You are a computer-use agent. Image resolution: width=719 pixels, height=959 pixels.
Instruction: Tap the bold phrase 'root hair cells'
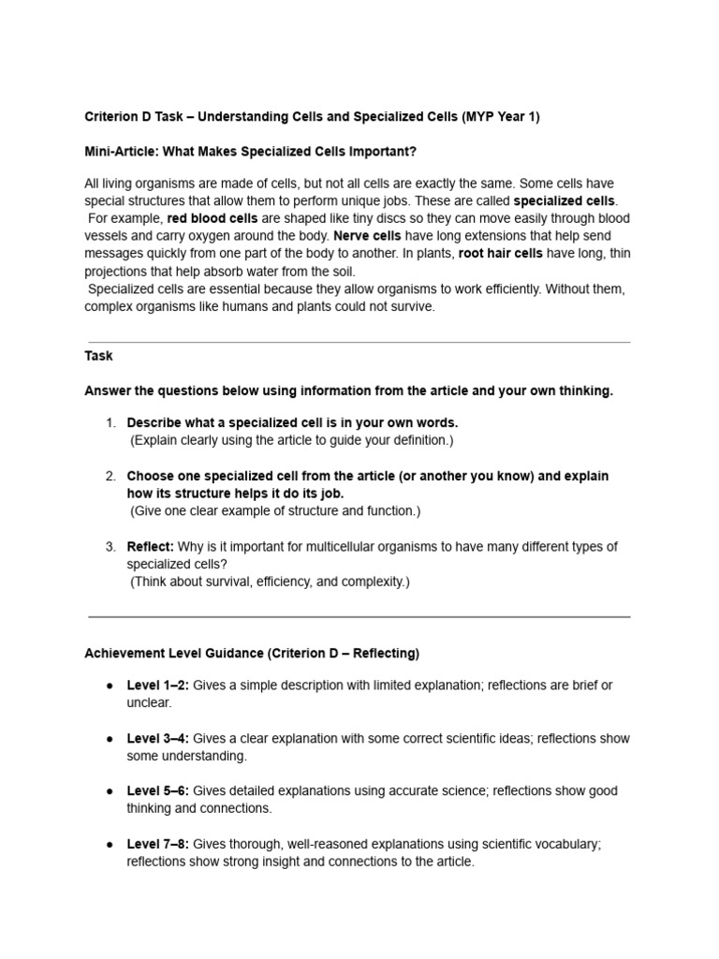click(x=500, y=253)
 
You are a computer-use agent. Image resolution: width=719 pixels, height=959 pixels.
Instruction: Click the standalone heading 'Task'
click(x=98, y=356)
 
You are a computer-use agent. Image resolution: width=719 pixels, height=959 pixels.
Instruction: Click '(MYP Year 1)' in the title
click(x=501, y=116)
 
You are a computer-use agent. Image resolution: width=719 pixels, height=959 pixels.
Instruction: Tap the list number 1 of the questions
click(x=110, y=422)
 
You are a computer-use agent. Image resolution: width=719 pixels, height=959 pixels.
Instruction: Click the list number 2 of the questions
click(x=110, y=476)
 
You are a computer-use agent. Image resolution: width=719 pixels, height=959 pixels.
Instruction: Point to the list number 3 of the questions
click(x=110, y=546)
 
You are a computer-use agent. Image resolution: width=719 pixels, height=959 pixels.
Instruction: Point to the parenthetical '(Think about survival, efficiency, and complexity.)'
click(x=270, y=582)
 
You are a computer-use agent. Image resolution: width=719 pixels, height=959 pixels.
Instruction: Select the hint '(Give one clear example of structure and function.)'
click(x=275, y=510)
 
